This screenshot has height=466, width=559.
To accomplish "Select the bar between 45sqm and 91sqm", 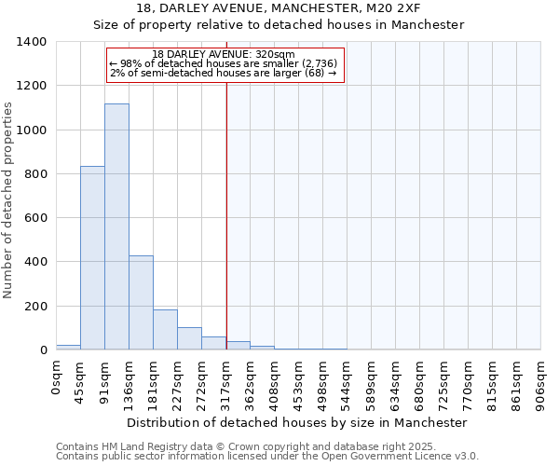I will tap(92, 258).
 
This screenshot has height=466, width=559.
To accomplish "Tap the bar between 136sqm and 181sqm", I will tap(141, 303).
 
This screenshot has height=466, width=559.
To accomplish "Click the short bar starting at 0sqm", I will tap(68, 347).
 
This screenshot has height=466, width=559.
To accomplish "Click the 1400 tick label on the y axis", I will tap(32, 42).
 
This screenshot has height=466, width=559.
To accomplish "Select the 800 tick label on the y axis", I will tap(35, 174).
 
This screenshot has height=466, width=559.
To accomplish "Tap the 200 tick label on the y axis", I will tap(35, 307).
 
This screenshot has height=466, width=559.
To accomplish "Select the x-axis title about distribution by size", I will tap(298, 422).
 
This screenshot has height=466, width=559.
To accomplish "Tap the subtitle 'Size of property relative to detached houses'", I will tap(279, 25).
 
